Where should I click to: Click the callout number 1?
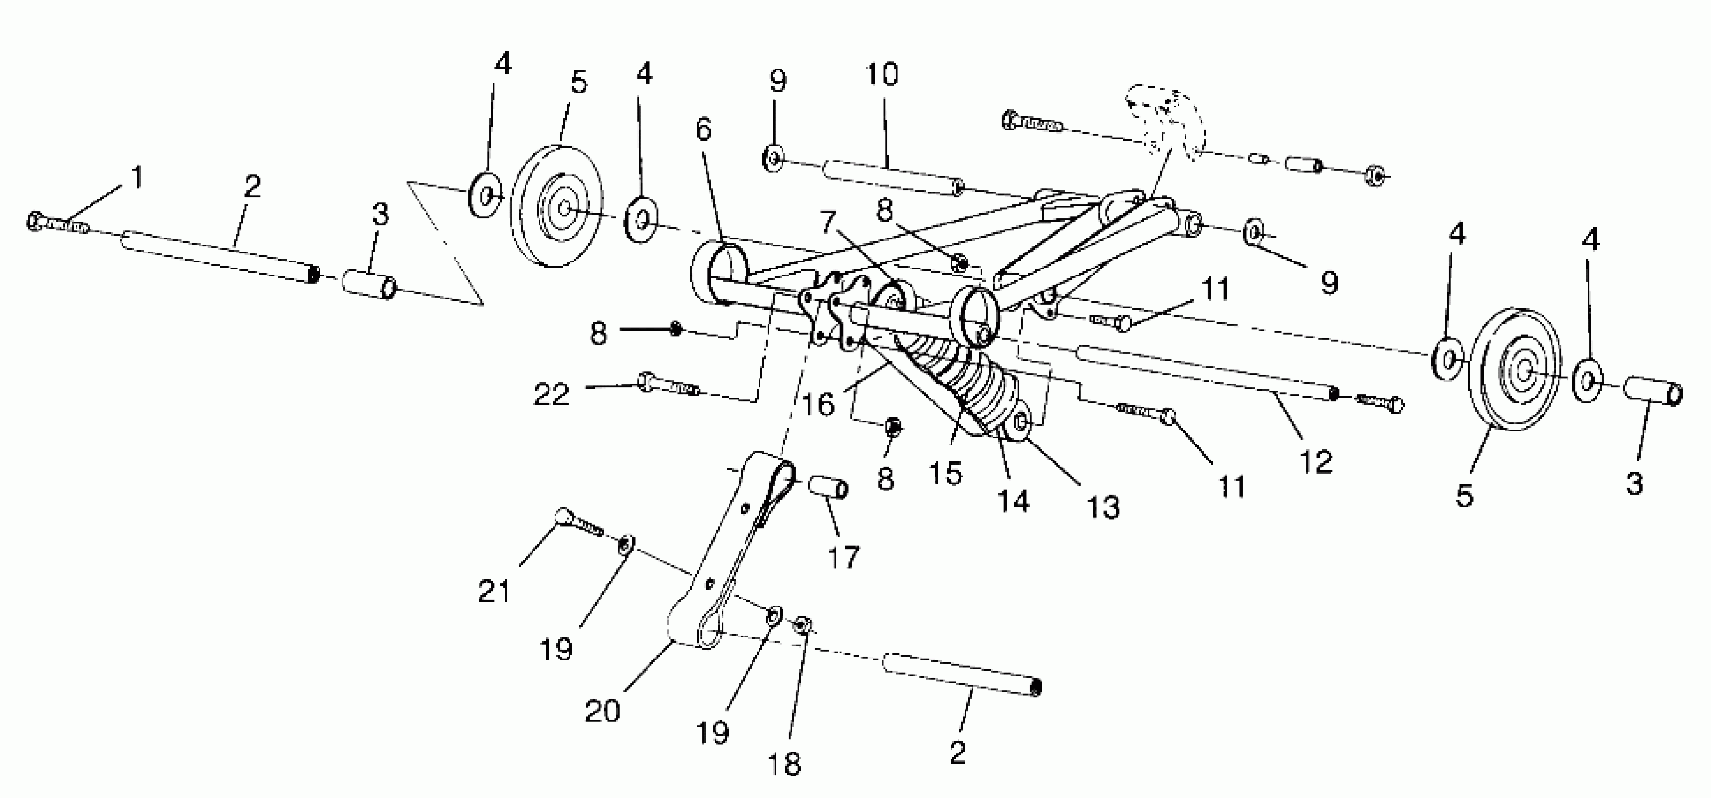[x=137, y=177]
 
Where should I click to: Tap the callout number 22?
[x=552, y=395]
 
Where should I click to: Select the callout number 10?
[x=882, y=75]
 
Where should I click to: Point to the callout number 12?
[x=1316, y=461]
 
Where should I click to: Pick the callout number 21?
[x=494, y=591]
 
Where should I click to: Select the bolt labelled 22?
[x=668, y=385]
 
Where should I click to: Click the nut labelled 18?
[x=802, y=625]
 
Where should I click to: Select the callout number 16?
[x=818, y=404]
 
